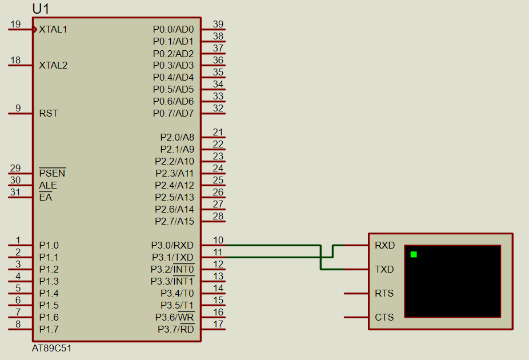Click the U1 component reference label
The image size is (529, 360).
tap(41, 9)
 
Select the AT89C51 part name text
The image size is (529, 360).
tap(52, 348)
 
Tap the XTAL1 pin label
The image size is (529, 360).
tap(53, 29)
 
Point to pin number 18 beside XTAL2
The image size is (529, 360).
tap(15, 60)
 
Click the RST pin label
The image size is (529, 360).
tap(49, 113)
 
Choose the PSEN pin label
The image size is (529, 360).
tap(52, 173)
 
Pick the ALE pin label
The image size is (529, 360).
tap(48, 185)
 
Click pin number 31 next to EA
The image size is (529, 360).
tap(15, 192)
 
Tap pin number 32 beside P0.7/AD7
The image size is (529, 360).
tap(218, 108)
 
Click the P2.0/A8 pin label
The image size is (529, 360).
tap(177, 137)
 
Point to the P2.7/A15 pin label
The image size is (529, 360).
tap(174, 221)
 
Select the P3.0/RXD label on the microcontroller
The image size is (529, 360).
tap(173, 245)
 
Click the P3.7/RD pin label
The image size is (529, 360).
tap(175, 329)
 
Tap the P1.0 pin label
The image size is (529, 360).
tap(49, 245)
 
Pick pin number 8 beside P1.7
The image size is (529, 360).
tap(18, 324)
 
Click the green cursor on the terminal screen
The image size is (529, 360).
tap(414, 254)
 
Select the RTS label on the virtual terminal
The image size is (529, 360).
tap(384, 293)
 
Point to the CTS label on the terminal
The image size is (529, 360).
tap(384, 317)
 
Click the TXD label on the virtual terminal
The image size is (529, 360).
tap(384, 269)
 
